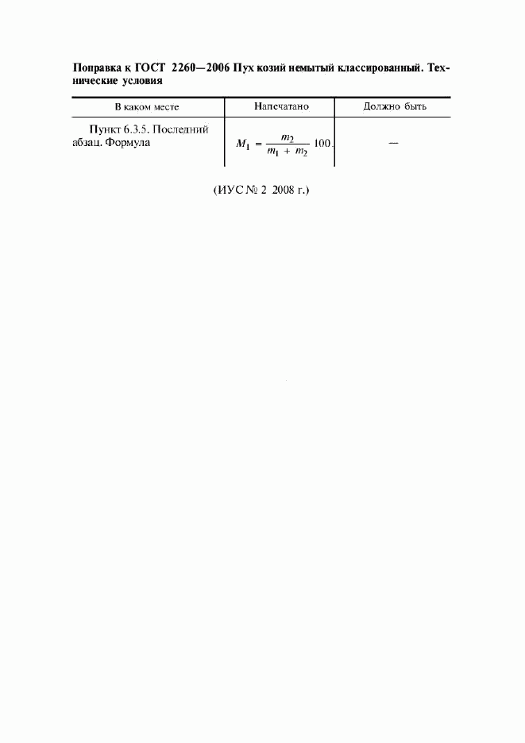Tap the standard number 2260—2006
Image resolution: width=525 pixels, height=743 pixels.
coord(201,68)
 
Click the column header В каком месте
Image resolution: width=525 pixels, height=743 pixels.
coord(147,107)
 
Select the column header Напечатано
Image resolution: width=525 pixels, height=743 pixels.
coord(281,106)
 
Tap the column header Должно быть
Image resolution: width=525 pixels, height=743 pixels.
coord(395,106)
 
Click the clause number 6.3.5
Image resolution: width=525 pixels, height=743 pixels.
coord(137,129)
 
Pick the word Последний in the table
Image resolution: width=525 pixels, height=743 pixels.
coord(180,129)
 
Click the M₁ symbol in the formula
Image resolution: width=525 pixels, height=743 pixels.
coord(243,144)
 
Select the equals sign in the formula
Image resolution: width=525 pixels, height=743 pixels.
coord(258,144)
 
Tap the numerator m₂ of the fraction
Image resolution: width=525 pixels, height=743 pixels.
coord(288,138)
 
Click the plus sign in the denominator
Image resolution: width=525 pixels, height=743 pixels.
coord(287,152)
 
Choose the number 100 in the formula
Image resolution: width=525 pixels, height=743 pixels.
coord(322,143)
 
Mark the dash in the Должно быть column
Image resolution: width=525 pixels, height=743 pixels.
coord(393,143)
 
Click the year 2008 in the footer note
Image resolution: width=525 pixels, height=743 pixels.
coord(283,191)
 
